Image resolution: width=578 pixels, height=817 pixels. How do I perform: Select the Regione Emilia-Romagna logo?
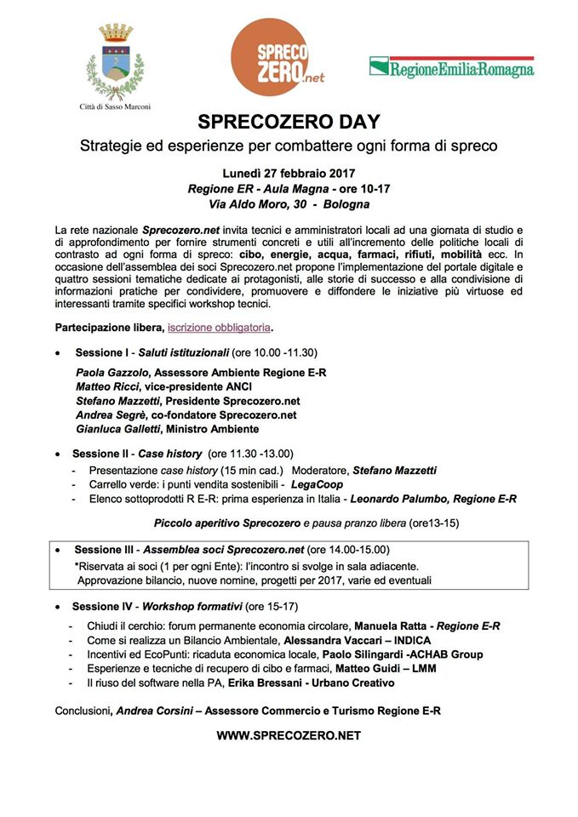click(x=451, y=67)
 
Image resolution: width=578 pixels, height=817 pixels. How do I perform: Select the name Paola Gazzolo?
click(x=109, y=373)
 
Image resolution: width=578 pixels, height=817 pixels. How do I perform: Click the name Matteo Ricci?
click(x=106, y=387)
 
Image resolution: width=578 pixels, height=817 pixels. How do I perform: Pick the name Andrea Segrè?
click(x=110, y=414)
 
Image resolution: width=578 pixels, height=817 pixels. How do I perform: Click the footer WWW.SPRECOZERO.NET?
click(x=289, y=735)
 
